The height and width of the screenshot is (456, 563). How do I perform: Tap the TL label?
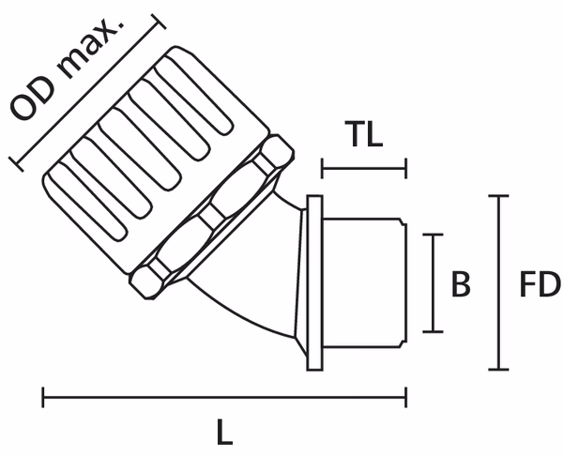coord(363,135)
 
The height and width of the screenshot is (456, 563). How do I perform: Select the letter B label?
coord(461,284)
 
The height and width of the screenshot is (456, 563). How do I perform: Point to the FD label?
coord(540,284)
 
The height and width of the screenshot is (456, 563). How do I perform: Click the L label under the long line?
coord(223,433)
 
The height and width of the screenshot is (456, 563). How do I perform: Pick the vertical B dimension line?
coord(432,282)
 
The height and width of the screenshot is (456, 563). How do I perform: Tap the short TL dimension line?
coord(364,169)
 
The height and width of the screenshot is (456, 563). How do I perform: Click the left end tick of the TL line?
coord(322,169)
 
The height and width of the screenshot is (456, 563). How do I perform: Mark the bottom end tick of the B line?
coord(432,330)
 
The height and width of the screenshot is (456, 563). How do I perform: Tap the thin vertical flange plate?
coord(314,281)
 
